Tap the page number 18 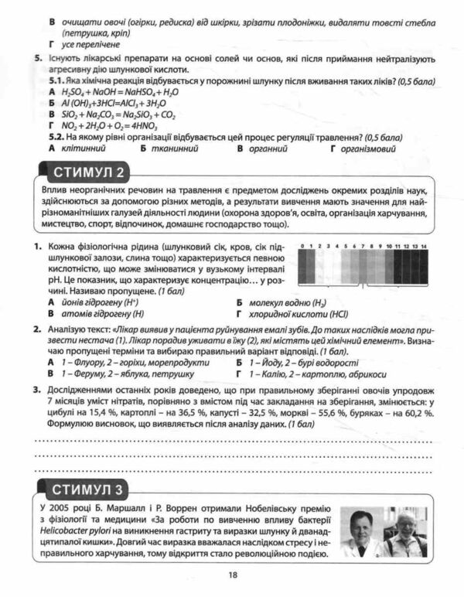pyautogui.click(x=233, y=574)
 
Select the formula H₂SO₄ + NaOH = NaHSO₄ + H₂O pyautogui.click(x=119, y=91)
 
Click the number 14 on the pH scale pyautogui.click(x=423, y=246)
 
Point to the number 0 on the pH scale pyautogui.click(x=302, y=246)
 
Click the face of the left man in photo pyautogui.click(x=361, y=526)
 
